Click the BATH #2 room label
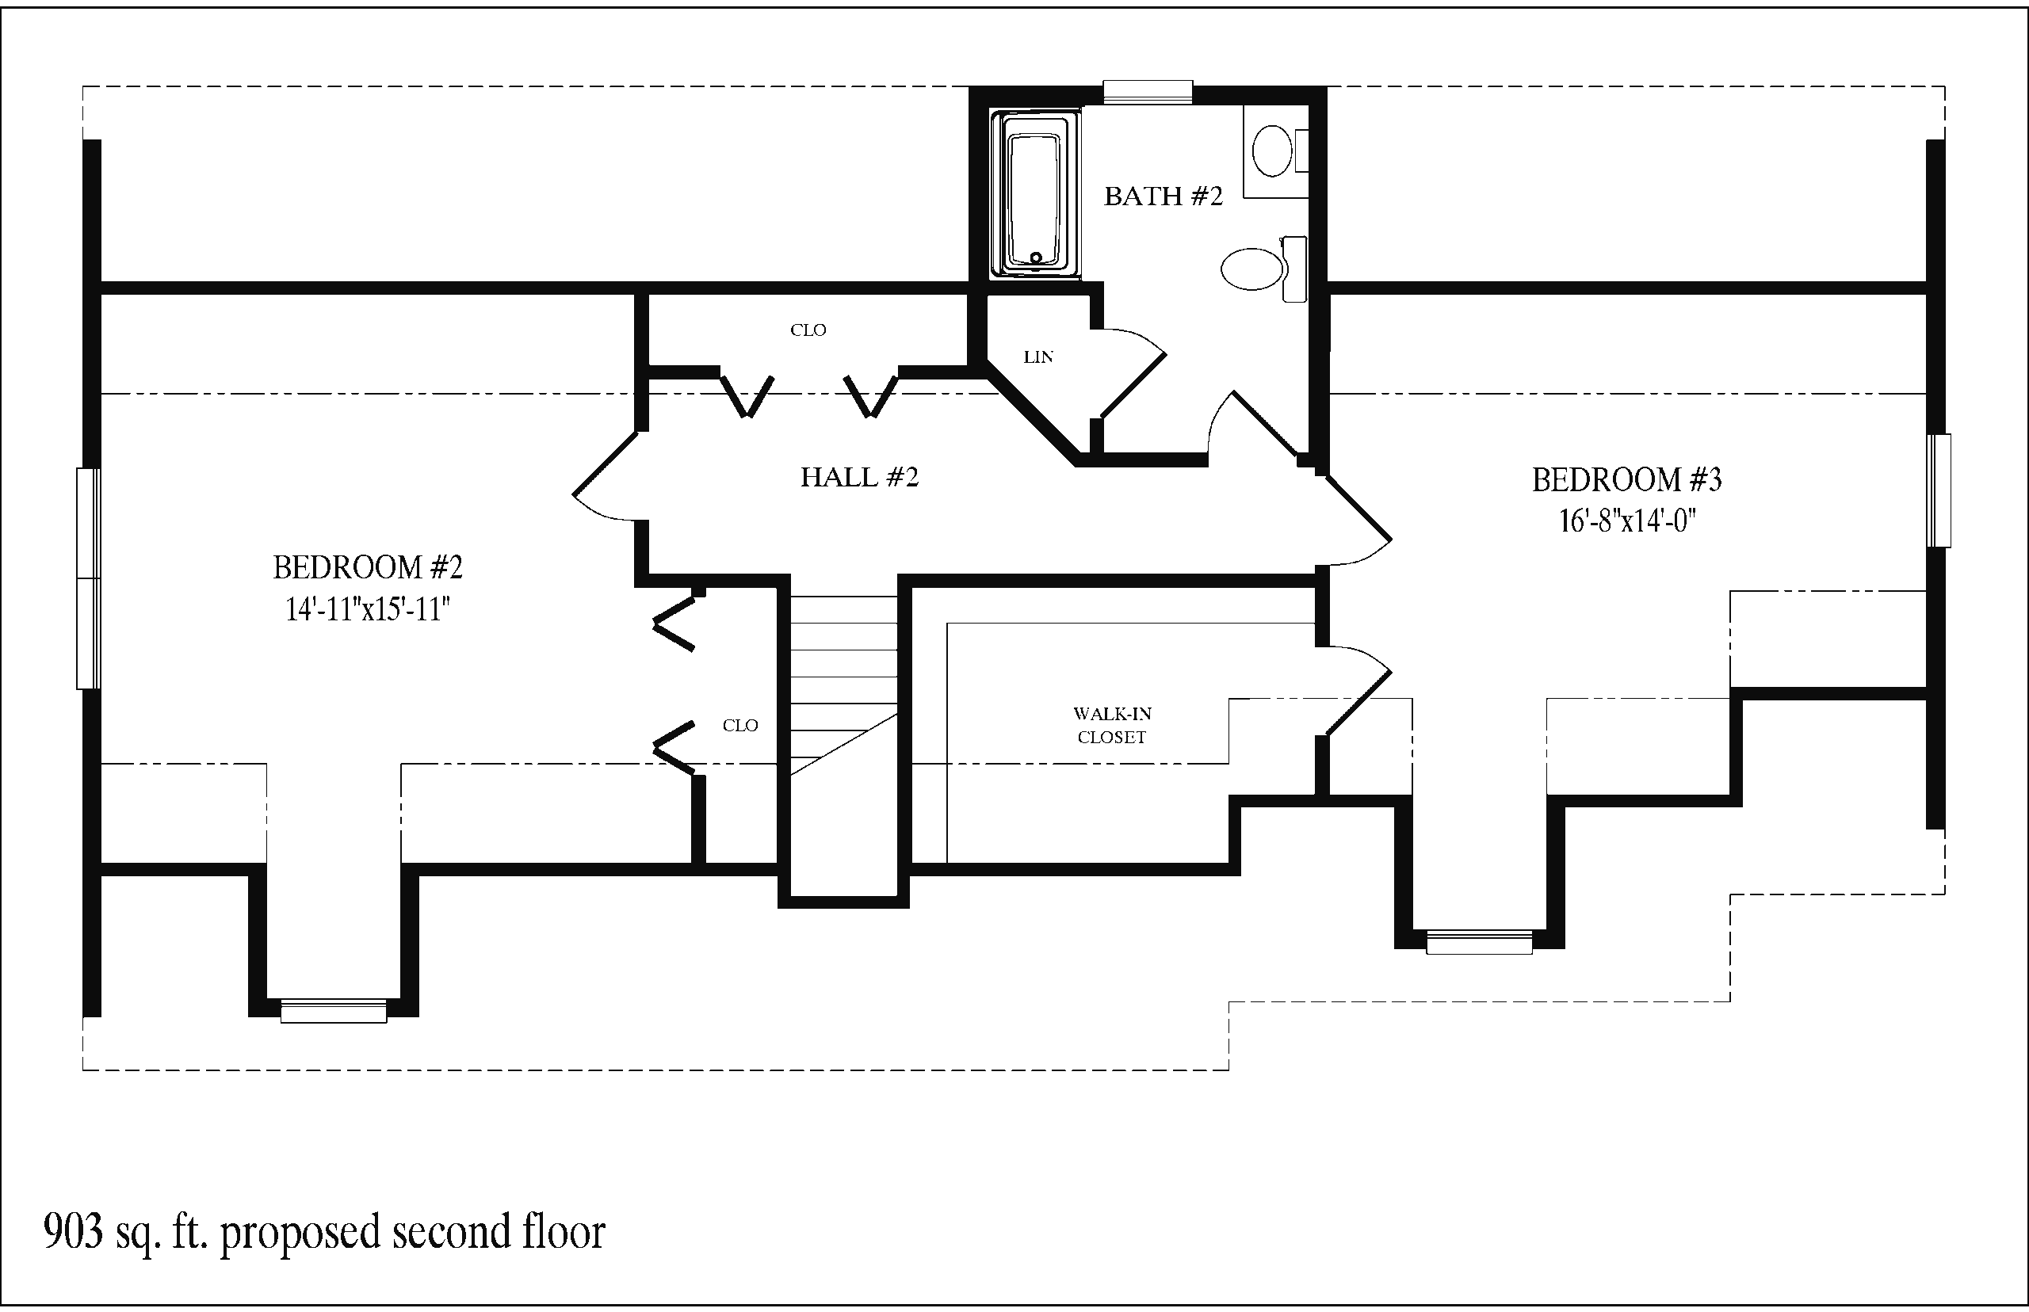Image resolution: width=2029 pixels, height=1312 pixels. pyautogui.click(x=1164, y=196)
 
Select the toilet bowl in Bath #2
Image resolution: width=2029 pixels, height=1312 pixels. pyautogui.click(x=1251, y=269)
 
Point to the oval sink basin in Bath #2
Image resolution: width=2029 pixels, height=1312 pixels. pyautogui.click(x=1273, y=151)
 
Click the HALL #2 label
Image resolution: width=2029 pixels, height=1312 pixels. pyautogui.click(x=859, y=477)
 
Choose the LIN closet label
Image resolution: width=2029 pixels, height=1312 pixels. pyautogui.click(x=1038, y=358)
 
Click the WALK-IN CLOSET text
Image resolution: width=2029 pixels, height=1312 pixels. pyautogui.click(x=1112, y=725)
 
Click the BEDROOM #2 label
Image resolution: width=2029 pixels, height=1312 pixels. pyautogui.click(x=367, y=567)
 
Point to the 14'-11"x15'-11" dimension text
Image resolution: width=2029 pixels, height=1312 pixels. pyautogui.click(x=367, y=609)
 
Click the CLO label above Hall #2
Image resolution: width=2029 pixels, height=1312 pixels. pyautogui.click(x=808, y=330)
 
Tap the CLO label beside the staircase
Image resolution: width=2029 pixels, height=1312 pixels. pyautogui.click(x=739, y=725)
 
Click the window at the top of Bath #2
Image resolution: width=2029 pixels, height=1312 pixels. pyautogui.click(x=1148, y=92)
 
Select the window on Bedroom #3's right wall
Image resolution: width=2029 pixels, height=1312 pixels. pyautogui.click(x=1940, y=490)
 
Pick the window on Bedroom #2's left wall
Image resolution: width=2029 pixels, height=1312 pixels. pyautogui.click(x=89, y=578)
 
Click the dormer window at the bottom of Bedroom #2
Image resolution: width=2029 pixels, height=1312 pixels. pyautogui.click(x=333, y=1010)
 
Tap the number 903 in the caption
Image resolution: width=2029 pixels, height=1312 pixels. pyautogui.click(x=73, y=1232)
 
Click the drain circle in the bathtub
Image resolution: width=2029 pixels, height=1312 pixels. pyautogui.click(x=1036, y=257)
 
